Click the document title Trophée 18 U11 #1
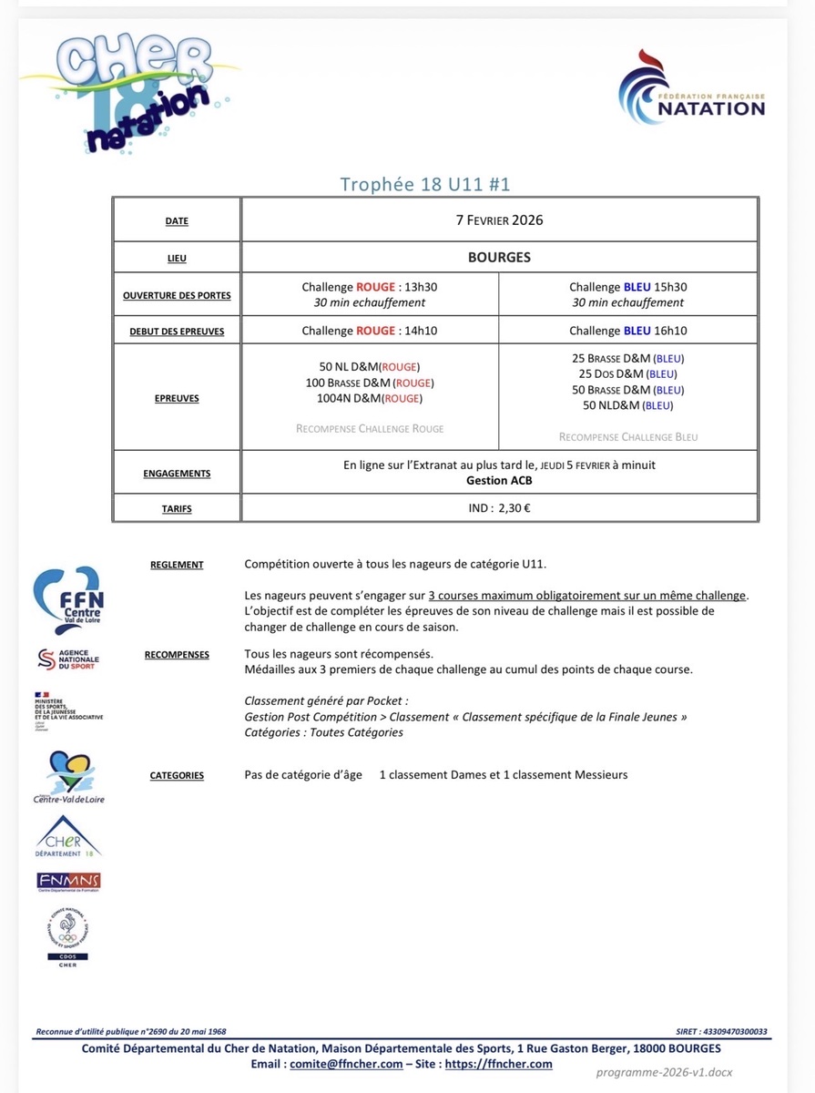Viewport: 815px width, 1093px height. pyautogui.click(x=425, y=184)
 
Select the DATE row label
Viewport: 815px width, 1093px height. pyautogui.click(x=177, y=221)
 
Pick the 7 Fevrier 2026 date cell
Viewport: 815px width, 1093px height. pyautogui.click(x=499, y=220)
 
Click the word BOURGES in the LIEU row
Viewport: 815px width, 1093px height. pyautogui.click(x=499, y=258)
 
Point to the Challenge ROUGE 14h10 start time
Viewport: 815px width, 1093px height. pyautogui.click(x=370, y=331)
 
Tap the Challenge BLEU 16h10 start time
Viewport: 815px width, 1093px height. pyautogui.click(x=628, y=331)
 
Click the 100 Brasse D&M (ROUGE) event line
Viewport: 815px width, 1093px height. pyautogui.click(x=370, y=383)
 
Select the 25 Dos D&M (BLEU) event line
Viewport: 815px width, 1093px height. pyautogui.click(x=628, y=373)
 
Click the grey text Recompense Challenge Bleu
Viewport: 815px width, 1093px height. pyautogui.click(x=628, y=437)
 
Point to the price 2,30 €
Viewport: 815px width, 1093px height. pyautogui.click(x=514, y=507)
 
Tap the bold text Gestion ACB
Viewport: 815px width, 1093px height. pyautogui.click(x=499, y=480)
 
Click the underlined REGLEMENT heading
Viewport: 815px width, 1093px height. pyautogui.click(x=177, y=565)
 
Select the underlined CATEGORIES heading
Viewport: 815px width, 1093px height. pyautogui.click(x=177, y=776)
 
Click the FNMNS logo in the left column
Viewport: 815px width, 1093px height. pyautogui.click(x=68, y=881)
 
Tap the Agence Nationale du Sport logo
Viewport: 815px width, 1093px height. pyautogui.click(x=68, y=659)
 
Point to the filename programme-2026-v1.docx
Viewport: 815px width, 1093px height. pyautogui.click(x=665, y=1073)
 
